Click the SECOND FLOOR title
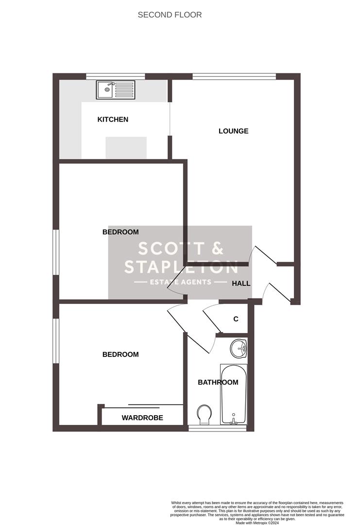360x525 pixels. pos(170,15)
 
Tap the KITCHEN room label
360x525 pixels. pos(113,120)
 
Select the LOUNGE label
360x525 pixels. pos(233,131)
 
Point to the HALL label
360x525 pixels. pos(241,283)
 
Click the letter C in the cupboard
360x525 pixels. pos(236,319)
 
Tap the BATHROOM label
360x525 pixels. pos(218,383)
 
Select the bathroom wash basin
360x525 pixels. pos(239,348)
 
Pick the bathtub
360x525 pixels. pos(234,394)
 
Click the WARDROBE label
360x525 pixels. pos(142,418)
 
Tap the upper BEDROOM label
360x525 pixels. pos(120,232)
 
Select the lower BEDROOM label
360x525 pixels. pos(120,355)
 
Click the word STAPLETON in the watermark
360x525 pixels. pos(181,266)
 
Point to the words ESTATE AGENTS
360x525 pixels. pos(180,282)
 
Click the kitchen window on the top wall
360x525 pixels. pos(116,76)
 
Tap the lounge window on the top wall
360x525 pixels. pos(234,76)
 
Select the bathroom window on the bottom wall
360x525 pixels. pos(218,428)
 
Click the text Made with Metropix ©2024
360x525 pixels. pos(257,523)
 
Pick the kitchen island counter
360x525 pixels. pos(126,147)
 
